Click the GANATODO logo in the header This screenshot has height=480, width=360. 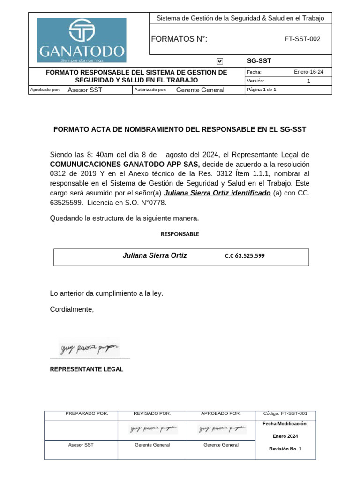(82, 40)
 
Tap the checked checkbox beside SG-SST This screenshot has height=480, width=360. (220, 61)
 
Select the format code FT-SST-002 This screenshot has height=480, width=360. (302, 39)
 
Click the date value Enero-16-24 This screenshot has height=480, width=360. (308, 72)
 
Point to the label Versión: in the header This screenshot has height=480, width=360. (255, 81)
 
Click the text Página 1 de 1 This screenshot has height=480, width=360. (262, 90)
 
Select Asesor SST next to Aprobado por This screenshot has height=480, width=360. (85, 90)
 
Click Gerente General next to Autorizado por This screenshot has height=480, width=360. (200, 90)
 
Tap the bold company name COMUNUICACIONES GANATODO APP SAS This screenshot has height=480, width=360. (125, 165)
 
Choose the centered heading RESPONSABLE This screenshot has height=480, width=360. (180, 234)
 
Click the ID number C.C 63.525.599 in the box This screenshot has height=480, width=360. (245, 256)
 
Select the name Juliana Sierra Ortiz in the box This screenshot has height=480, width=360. (155, 255)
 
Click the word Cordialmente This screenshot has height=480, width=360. (72, 309)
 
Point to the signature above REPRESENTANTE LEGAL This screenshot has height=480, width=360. (89, 348)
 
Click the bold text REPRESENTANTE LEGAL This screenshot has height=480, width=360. (87, 369)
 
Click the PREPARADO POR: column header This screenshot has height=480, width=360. (87, 413)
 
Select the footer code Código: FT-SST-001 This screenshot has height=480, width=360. (285, 413)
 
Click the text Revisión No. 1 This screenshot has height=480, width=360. (285, 449)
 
